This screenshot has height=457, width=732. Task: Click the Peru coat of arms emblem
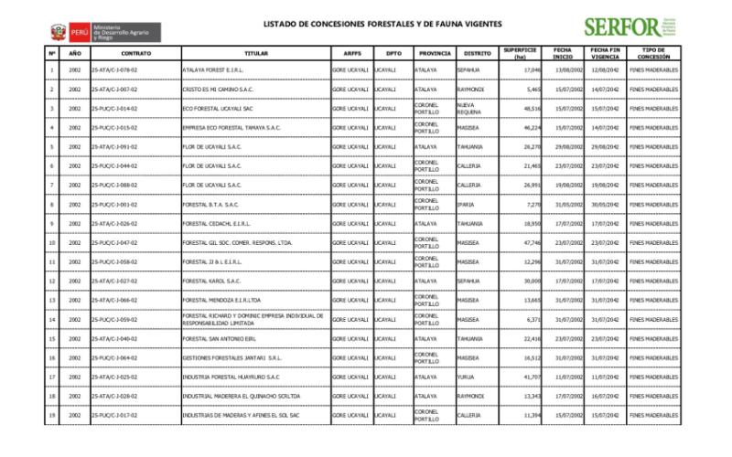pyautogui.click(x=58, y=32)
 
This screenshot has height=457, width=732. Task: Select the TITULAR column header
pyautogui.click(x=256, y=53)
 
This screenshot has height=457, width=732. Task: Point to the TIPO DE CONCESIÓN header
pyautogui.click(x=652, y=53)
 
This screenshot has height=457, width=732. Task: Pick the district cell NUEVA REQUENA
pyautogui.click(x=468, y=108)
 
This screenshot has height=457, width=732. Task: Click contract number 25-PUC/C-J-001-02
pyautogui.click(x=114, y=204)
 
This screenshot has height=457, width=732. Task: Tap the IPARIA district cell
pyautogui.click(x=467, y=204)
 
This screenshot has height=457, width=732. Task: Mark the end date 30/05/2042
pyautogui.click(x=607, y=204)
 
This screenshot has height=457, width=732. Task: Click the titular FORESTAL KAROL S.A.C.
pyautogui.click(x=211, y=281)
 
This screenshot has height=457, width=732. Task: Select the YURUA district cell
pyautogui.click(x=467, y=377)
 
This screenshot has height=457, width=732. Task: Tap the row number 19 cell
pyautogui.click(x=52, y=415)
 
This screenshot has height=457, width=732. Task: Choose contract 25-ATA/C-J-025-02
pyautogui.click(x=114, y=377)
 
